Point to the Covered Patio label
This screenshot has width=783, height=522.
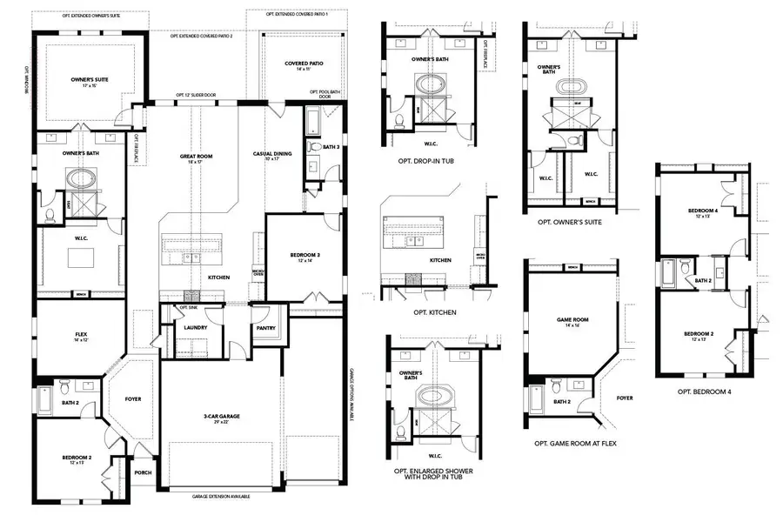click(x=304, y=65)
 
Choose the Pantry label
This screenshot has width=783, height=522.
click(x=265, y=329)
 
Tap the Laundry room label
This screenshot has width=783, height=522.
click(x=195, y=328)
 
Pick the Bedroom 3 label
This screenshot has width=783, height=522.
click(x=305, y=257)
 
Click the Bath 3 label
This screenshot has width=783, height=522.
click(x=330, y=147)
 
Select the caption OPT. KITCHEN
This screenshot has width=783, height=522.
click(x=436, y=311)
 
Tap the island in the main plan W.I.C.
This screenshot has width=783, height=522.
click(x=80, y=258)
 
